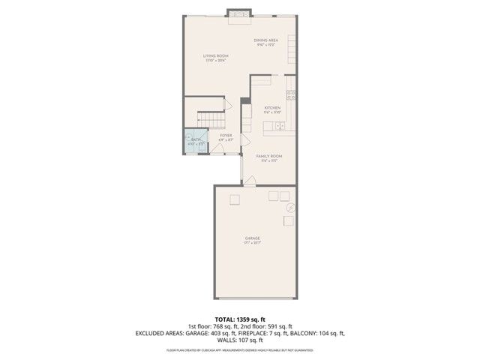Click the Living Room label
[216, 56]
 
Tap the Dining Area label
[265, 40]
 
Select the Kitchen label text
[272, 108]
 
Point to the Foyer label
[225, 136]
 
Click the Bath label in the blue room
[195, 139]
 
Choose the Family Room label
[268, 156]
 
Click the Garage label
[251, 238]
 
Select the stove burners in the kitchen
[291, 94]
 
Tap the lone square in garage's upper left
[235, 198]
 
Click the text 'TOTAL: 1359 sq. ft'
[240, 319]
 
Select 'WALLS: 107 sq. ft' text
[240, 340]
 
